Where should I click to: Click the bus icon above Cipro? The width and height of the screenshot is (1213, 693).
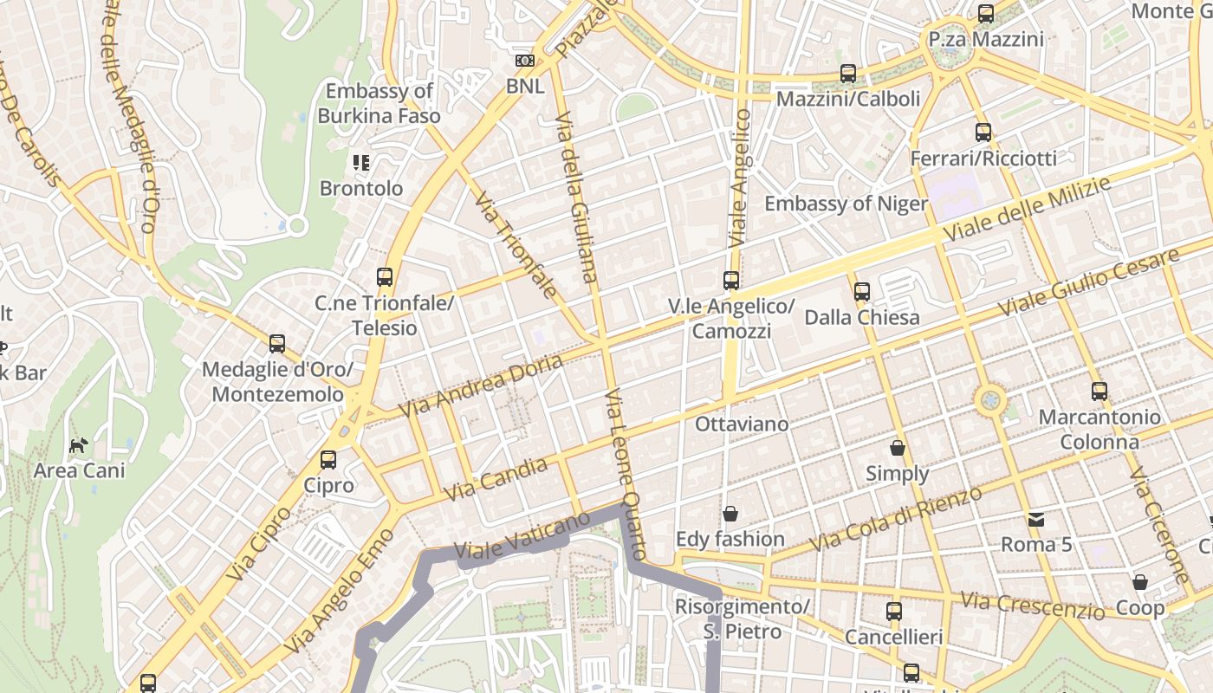(x=328, y=460)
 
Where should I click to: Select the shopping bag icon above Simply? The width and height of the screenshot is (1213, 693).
(x=897, y=448)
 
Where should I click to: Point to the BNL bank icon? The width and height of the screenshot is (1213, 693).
(x=525, y=61)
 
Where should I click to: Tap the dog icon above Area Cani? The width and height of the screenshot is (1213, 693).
(x=79, y=445)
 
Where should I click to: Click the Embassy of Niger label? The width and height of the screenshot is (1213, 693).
(x=846, y=204)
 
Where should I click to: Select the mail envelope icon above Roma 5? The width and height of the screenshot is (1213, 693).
(x=1035, y=520)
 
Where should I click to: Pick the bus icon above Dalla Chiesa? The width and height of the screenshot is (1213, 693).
(x=861, y=292)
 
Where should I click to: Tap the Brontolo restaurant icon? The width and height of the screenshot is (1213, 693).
(x=361, y=163)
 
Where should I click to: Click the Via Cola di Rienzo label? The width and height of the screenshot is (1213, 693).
(x=896, y=519)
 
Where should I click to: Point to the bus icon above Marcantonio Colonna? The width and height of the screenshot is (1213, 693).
(x=1099, y=391)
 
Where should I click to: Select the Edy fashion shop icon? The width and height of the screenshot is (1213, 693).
(x=730, y=515)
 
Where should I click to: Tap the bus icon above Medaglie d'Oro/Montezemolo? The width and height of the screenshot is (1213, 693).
(x=277, y=344)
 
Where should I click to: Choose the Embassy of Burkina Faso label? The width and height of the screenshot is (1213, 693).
(x=379, y=103)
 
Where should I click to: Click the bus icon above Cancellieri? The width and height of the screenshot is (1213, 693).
(x=893, y=612)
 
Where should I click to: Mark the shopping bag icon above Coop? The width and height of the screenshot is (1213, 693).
(x=1140, y=582)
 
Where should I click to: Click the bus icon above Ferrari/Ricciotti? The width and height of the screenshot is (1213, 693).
(x=983, y=133)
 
